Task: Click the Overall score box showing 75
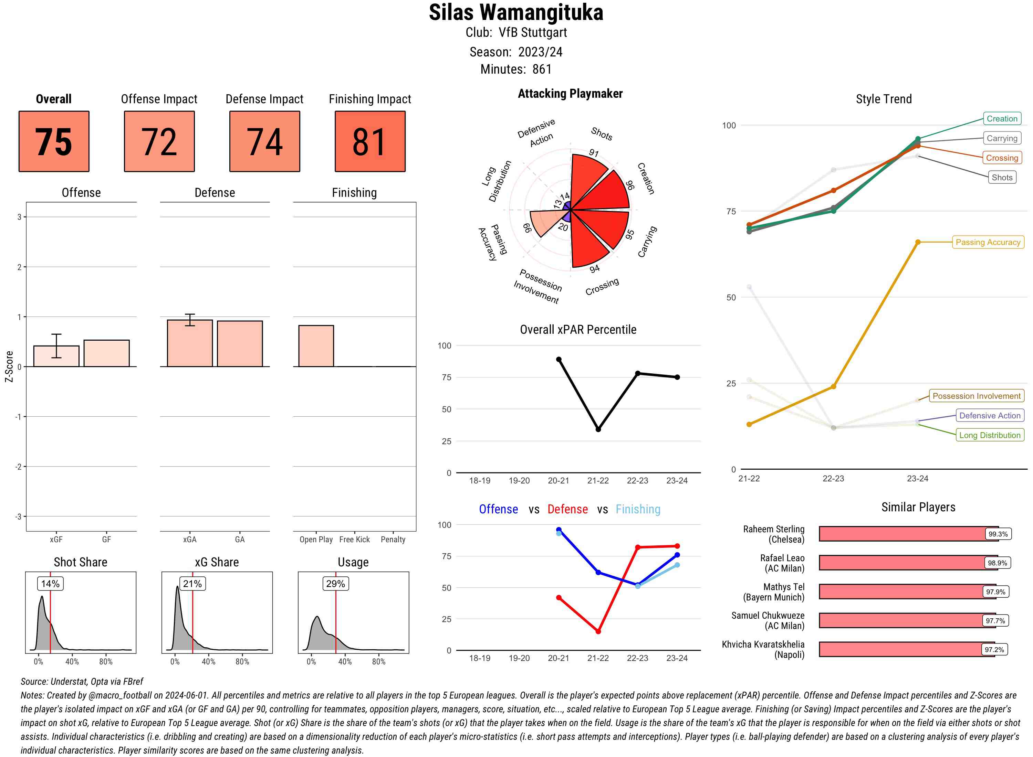54,141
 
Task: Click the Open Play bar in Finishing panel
316,345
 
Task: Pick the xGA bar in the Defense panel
190,343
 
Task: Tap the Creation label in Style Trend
1001,119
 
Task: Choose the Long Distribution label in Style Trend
990,435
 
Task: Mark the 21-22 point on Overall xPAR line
598,429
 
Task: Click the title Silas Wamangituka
516,12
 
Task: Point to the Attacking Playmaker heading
570,94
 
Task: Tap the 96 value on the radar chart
630,185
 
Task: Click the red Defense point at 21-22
598,631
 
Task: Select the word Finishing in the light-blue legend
638,509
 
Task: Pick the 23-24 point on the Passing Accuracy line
917,242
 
